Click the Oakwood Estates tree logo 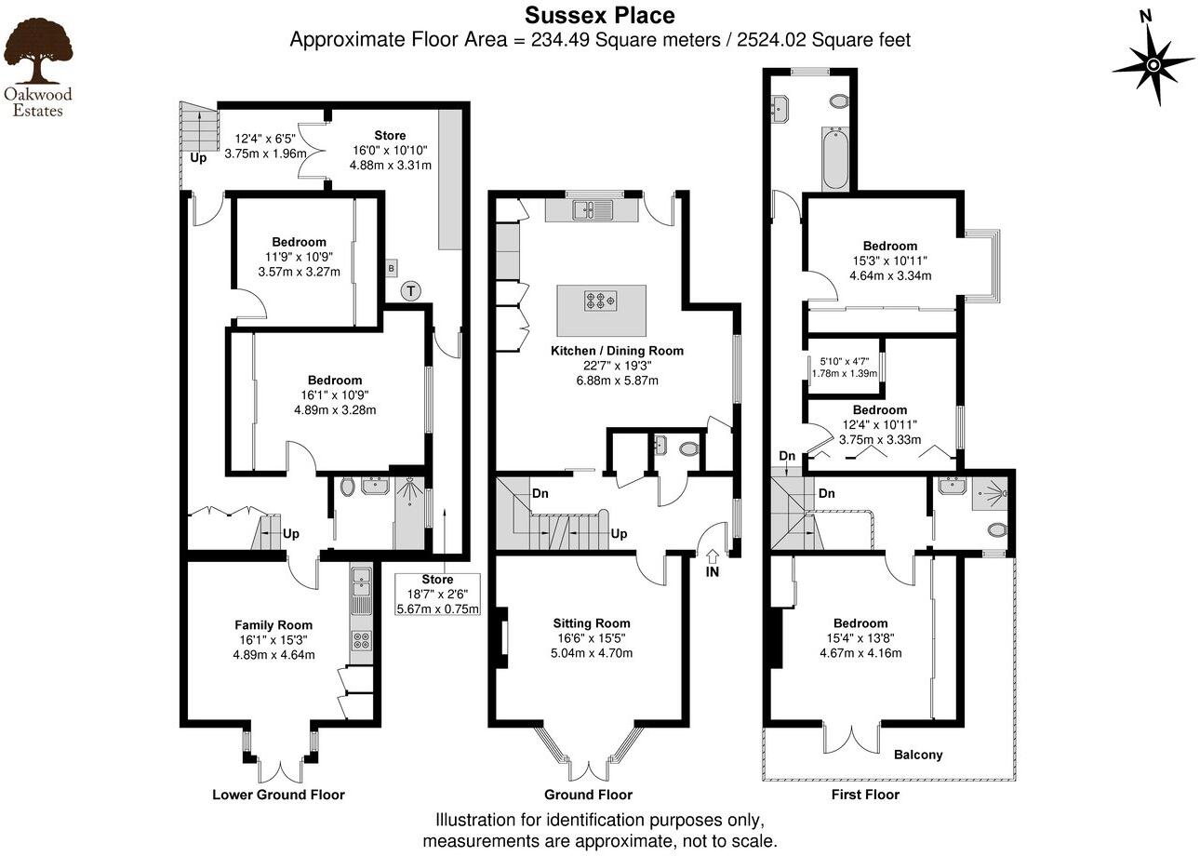click(37, 53)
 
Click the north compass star click(1153, 64)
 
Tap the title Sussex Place click(600, 16)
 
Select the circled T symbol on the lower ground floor click(410, 291)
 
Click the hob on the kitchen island click(600, 301)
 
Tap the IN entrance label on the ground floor click(713, 572)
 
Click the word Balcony click(918, 755)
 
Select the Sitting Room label click(592, 623)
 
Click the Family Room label click(273, 625)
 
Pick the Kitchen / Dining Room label click(617, 351)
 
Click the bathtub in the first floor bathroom click(833, 158)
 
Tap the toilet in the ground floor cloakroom click(689, 449)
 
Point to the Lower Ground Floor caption click(278, 795)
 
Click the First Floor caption click(865, 795)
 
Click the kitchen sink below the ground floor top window click(591, 209)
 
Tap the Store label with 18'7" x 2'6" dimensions click(437, 580)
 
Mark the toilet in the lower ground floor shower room click(346, 486)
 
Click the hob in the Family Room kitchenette click(361, 640)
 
